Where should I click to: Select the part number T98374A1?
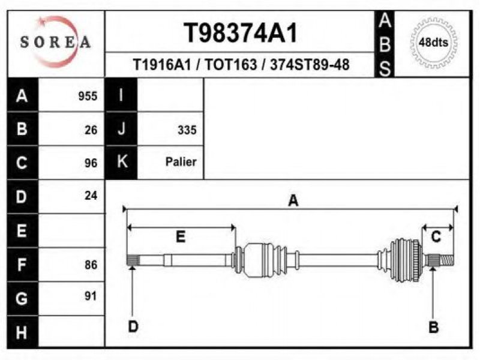(x=240, y=34)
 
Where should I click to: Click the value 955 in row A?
(x=88, y=96)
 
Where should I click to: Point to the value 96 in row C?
(x=91, y=163)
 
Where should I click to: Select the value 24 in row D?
(x=91, y=195)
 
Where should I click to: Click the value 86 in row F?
(x=91, y=264)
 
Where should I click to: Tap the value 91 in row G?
(x=91, y=295)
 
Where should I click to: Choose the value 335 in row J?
(x=187, y=130)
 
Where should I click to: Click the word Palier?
(x=181, y=162)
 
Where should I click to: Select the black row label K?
(x=121, y=161)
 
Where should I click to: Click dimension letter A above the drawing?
(x=293, y=200)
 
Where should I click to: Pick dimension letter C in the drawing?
(x=437, y=236)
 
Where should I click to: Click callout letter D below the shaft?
(x=133, y=327)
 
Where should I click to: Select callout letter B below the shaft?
(x=433, y=327)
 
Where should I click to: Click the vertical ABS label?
(x=386, y=44)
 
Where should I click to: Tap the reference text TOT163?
(x=229, y=64)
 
